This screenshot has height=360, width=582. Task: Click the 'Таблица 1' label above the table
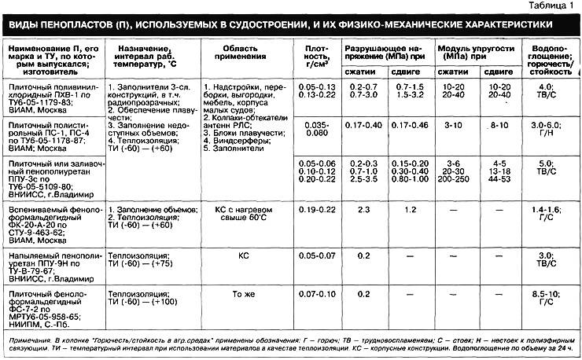(x=554, y=6)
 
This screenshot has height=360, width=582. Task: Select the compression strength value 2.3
(x=362, y=210)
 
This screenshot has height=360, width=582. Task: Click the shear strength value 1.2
(x=410, y=210)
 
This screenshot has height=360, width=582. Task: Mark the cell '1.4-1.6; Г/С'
(x=544, y=214)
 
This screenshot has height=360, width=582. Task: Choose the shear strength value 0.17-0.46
(x=410, y=125)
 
